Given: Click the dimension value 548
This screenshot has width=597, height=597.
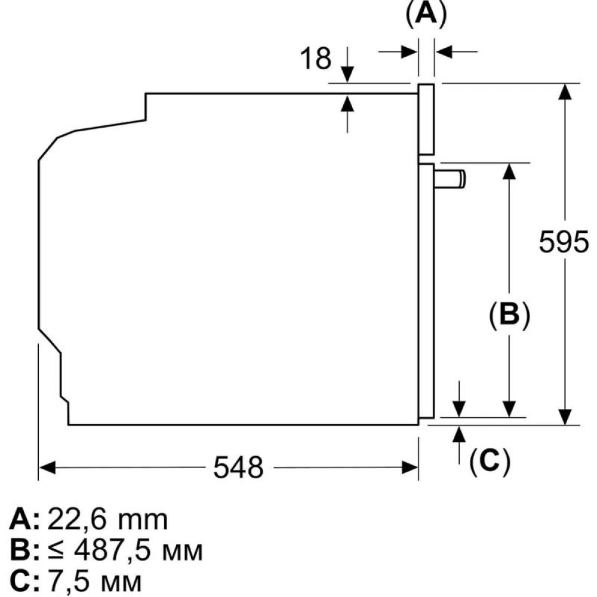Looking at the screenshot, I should pos(238,467).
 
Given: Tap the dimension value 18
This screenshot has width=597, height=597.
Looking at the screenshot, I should pos(315,59).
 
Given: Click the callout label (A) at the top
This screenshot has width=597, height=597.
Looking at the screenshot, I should pos(426,14).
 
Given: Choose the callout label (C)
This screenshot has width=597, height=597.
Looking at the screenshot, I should pos(490,461).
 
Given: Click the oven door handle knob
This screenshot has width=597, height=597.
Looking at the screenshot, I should pos(451,179).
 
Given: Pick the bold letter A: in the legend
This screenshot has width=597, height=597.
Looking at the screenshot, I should pos(24,521).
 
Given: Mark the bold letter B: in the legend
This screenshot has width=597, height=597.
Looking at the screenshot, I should pos(24,551).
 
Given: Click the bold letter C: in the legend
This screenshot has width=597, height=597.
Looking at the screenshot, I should pos(24,581).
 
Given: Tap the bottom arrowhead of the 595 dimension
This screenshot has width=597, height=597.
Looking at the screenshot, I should pos(564,417).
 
